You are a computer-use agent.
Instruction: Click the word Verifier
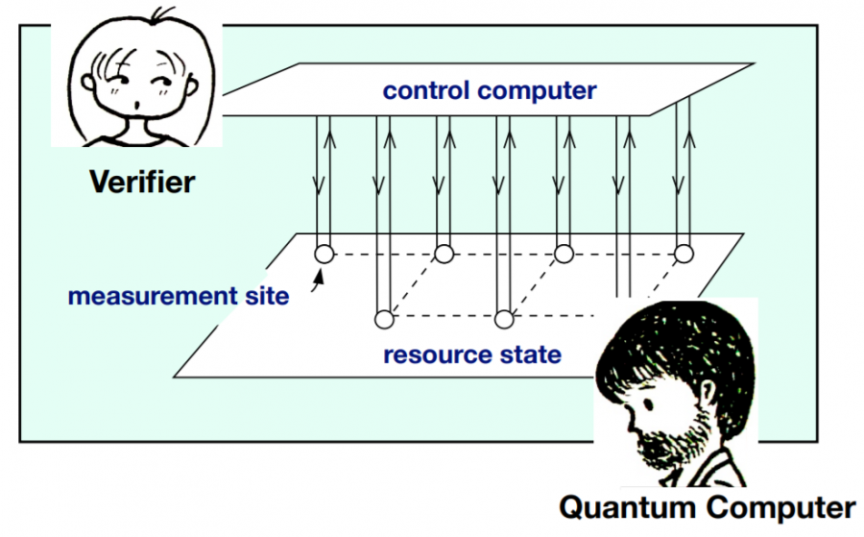pos(141,181)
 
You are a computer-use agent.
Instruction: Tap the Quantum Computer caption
pos(707,506)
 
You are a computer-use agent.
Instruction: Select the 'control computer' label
pos(490,91)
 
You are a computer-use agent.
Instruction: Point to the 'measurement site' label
pos(178,296)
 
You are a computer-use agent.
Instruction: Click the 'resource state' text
pos(472,355)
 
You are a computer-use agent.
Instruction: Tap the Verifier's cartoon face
pos(139,82)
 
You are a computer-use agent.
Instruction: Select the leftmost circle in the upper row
pos(324,255)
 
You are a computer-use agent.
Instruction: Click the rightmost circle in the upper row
pos(684,255)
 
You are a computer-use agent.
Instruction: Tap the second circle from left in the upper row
pos(444,255)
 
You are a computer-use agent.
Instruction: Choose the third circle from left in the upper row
pos(564,255)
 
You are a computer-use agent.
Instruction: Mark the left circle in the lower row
pos(384,317)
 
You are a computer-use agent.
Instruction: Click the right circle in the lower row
pos(504,317)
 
